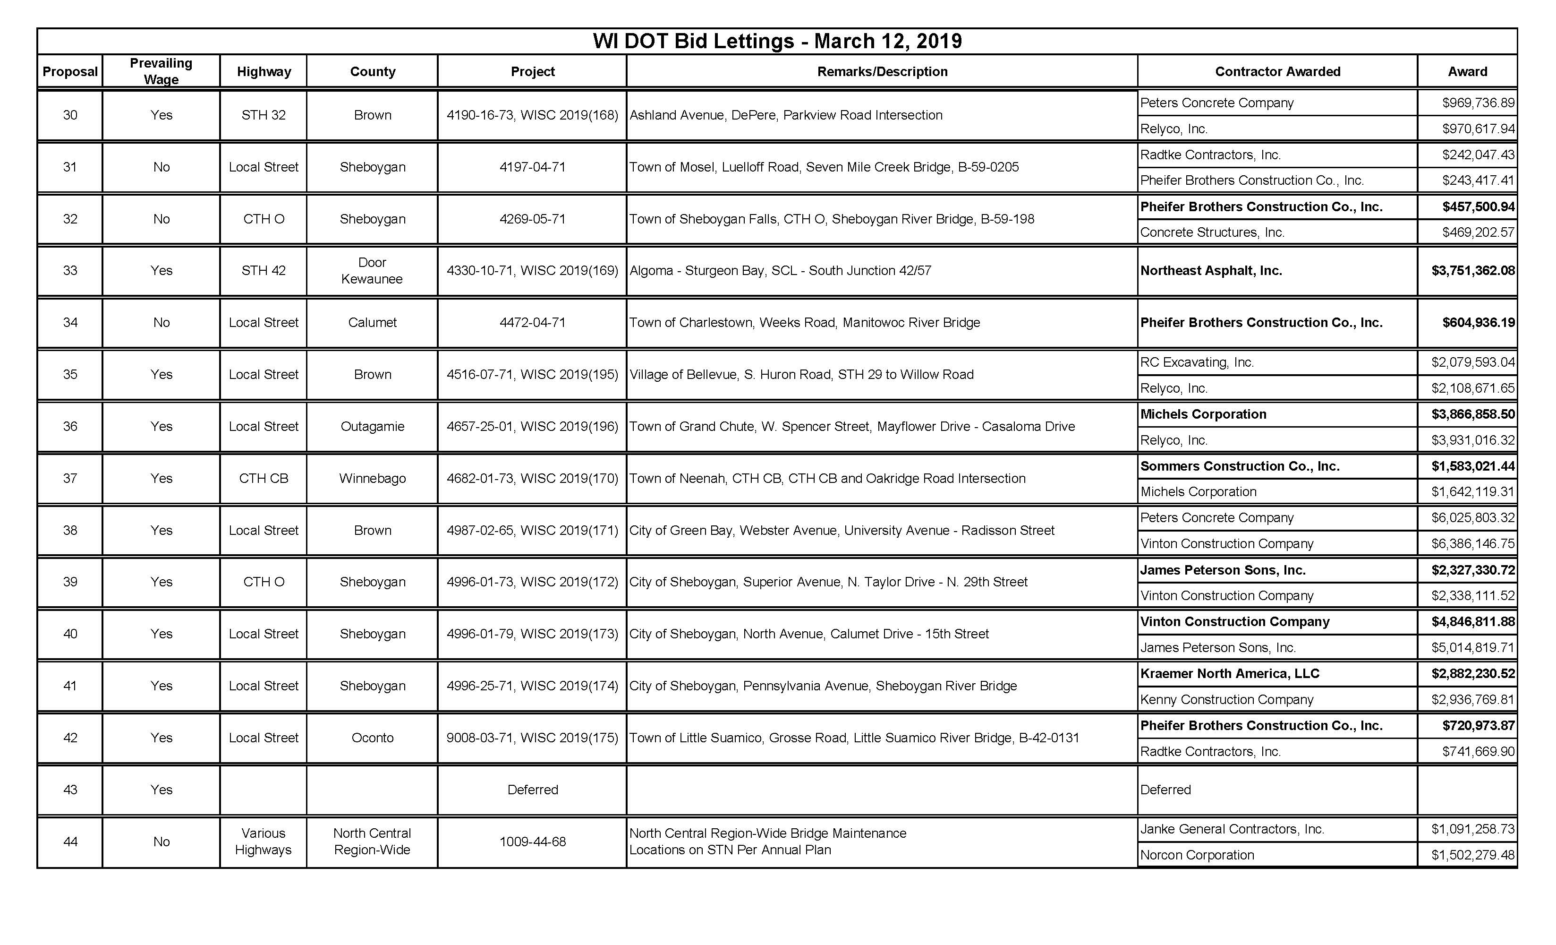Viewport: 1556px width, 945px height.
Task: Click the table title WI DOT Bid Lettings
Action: [x=777, y=41]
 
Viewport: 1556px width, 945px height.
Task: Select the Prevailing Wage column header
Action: [x=161, y=71]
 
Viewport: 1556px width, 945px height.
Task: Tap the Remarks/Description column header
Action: [x=882, y=71]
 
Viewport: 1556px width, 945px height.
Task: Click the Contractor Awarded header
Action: [x=1277, y=71]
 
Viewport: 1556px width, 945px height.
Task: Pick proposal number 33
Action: [x=70, y=270]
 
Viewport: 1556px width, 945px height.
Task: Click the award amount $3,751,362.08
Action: [x=1472, y=270]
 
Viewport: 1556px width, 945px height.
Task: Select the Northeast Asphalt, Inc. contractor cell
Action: [x=1211, y=270]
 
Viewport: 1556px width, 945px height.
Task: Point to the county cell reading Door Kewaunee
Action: [x=372, y=270]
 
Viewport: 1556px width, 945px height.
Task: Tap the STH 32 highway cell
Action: [x=264, y=115]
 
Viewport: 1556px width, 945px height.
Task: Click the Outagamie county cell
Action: [x=372, y=426]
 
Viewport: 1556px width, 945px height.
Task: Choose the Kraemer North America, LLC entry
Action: [x=1230, y=673]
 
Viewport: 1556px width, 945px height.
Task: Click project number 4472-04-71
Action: [x=532, y=322]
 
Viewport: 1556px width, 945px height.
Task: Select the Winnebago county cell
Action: [x=372, y=478]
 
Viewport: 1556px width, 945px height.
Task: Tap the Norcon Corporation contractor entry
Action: [x=1197, y=855]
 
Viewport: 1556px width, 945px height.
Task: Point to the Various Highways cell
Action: [x=264, y=842]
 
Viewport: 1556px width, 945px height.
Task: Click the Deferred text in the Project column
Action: [x=532, y=790]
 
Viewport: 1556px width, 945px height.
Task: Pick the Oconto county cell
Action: [x=372, y=738]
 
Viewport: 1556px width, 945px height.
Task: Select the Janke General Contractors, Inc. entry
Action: [x=1232, y=829]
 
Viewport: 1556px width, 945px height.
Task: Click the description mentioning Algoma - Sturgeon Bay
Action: [x=780, y=270]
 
